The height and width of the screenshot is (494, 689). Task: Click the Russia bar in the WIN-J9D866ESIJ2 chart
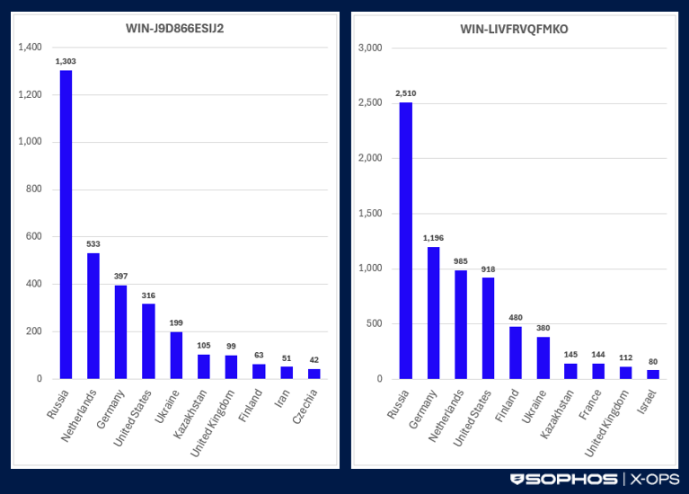tap(66, 225)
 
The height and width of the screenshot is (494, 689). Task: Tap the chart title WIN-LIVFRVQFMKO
tap(516, 29)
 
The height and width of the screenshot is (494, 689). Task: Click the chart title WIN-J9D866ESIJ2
tap(175, 29)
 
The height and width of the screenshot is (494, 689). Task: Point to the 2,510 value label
tap(405, 93)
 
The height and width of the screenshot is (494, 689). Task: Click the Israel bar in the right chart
tap(653, 374)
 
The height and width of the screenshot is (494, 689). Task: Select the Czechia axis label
tap(307, 404)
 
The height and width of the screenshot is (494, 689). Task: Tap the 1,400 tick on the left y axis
tap(30, 47)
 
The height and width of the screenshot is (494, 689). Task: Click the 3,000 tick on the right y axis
tap(370, 48)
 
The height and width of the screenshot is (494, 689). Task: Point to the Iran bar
tap(287, 373)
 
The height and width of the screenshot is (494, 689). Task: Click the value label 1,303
tap(66, 60)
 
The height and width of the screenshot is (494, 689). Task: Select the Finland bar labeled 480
tap(516, 352)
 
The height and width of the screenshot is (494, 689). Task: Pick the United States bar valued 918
tap(488, 328)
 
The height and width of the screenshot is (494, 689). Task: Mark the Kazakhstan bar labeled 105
tap(204, 366)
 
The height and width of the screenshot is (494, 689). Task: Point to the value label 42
tap(314, 359)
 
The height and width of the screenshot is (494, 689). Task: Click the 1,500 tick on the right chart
tap(370, 213)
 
